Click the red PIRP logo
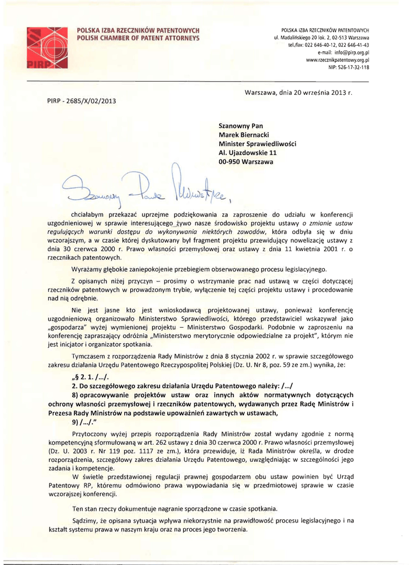point(47,47)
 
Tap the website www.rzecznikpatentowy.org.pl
point(337,60)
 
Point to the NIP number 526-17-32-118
point(349,67)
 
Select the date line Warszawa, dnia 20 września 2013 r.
point(298,92)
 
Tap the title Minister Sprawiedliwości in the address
point(257,143)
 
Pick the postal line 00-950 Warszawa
point(245,162)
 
